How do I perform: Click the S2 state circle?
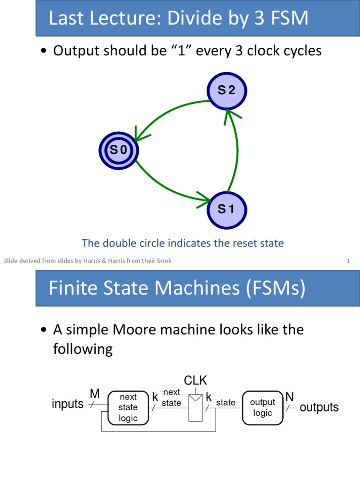click(x=226, y=91)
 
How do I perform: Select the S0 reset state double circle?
click(x=119, y=150)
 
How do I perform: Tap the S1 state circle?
click(x=226, y=210)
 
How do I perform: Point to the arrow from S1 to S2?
click(x=238, y=150)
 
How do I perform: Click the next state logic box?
click(x=128, y=407)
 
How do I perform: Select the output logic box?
click(x=262, y=407)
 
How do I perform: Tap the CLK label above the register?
click(x=195, y=380)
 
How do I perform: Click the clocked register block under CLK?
click(x=195, y=407)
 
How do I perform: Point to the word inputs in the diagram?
click(x=67, y=404)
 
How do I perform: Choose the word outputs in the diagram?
click(x=319, y=407)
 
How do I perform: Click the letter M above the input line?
click(x=95, y=394)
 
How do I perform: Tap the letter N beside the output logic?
click(x=290, y=397)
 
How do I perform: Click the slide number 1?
click(x=348, y=261)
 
